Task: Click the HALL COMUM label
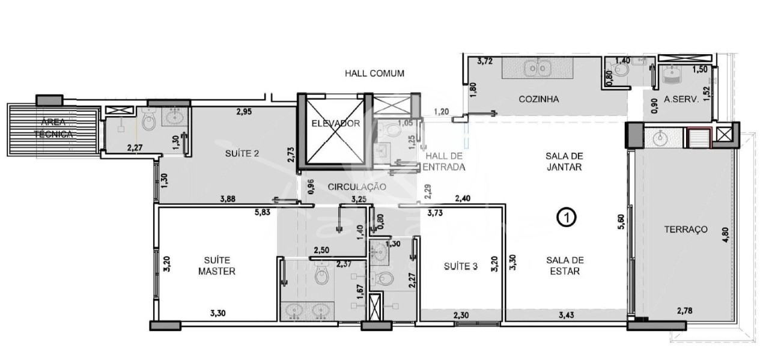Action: (374, 73)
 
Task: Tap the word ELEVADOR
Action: (335, 124)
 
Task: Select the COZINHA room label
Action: (539, 99)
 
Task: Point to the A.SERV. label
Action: (681, 100)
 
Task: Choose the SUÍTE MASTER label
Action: (217, 266)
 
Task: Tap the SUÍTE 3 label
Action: (460, 266)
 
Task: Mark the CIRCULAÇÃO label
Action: (356, 187)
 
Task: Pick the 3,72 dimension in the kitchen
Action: (485, 61)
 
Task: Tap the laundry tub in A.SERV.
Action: (672, 75)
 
